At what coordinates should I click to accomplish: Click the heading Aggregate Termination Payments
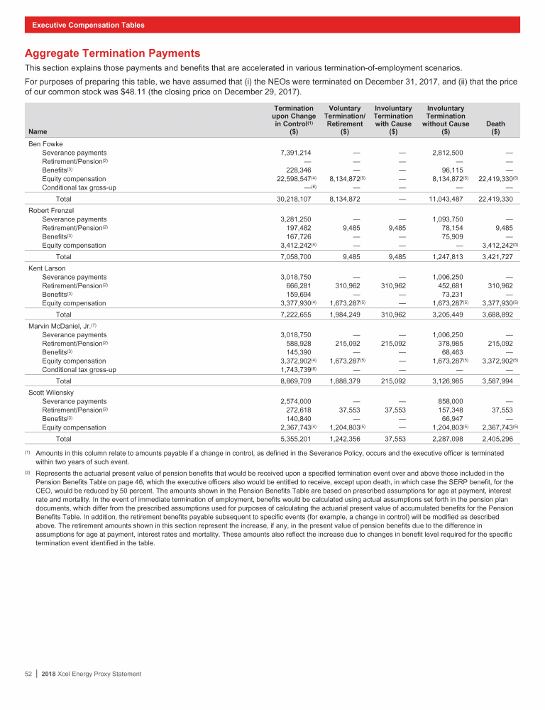[112, 53]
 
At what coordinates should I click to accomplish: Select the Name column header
[35, 131]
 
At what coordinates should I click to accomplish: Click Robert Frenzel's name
[50, 211]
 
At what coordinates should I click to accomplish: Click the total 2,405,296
[498, 439]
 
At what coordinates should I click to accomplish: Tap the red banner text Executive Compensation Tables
[88, 25]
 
